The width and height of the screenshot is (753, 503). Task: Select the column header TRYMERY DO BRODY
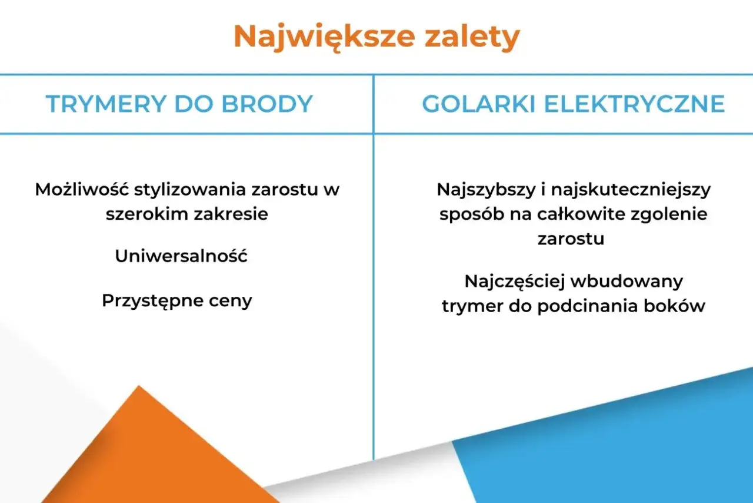[x=179, y=104]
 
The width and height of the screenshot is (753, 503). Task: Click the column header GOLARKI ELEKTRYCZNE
[x=573, y=104]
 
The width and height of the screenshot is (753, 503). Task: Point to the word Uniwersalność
[x=181, y=256]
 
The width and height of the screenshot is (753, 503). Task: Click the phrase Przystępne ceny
[x=176, y=300]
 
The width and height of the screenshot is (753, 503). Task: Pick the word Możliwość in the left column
[x=82, y=190]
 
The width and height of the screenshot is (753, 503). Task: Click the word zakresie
[x=231, y=213]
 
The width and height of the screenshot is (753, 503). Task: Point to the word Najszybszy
[x=483, y=190]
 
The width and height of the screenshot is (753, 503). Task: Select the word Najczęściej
[x=515, y=282]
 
